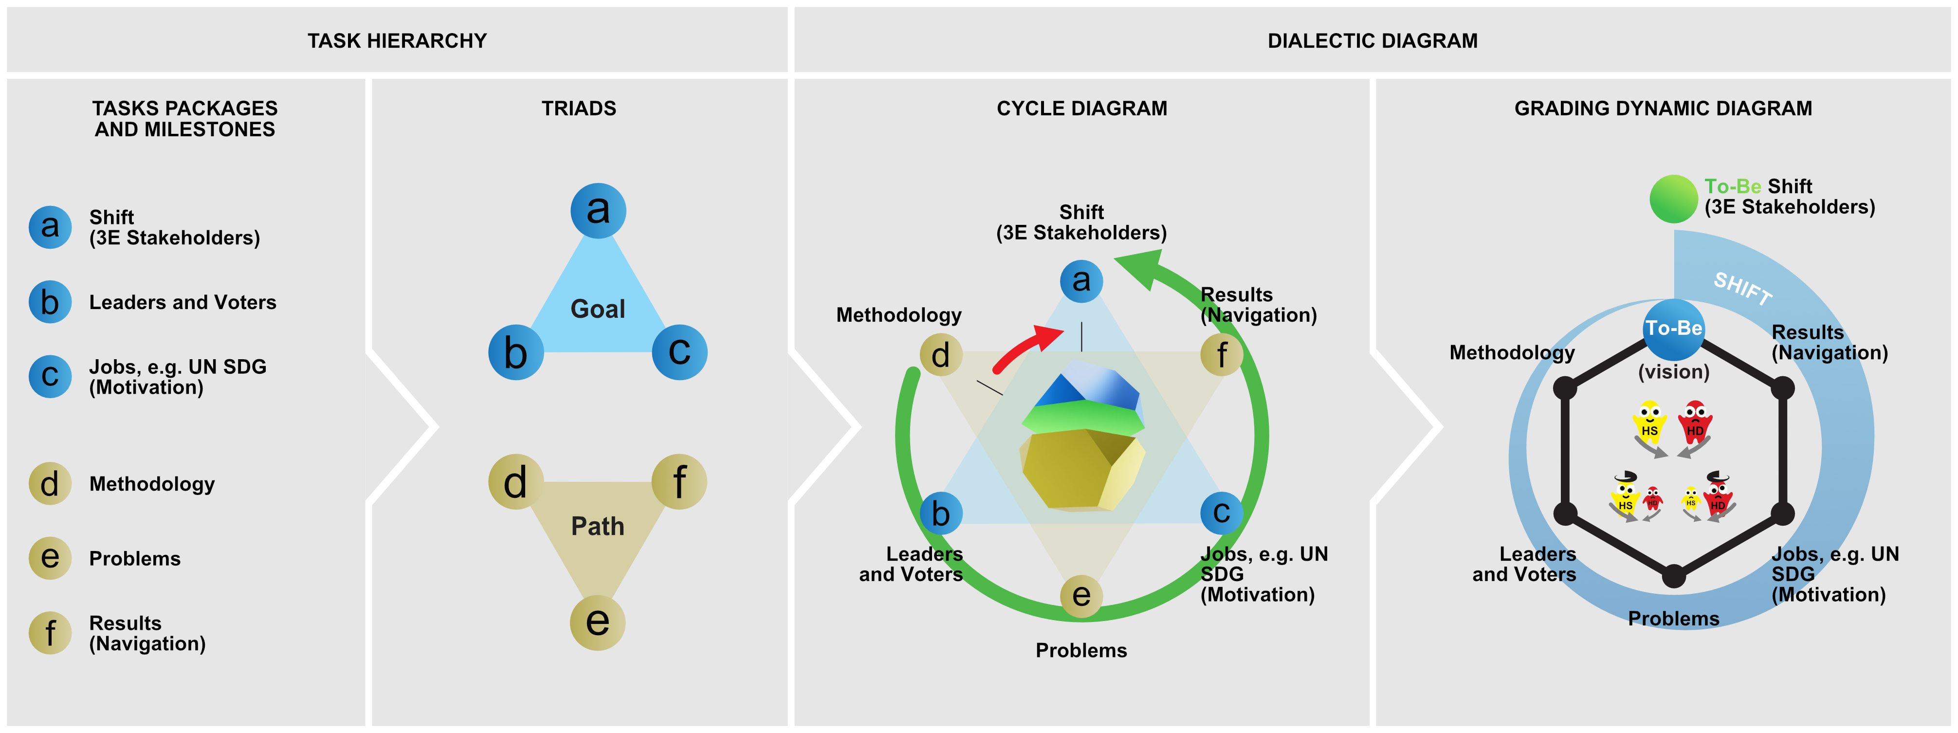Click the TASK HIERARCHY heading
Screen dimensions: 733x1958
coord(397,41)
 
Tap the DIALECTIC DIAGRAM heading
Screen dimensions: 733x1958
coord(1372,41)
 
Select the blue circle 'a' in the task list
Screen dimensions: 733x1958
coord(50,227)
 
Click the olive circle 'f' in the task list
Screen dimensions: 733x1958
coord(50,633)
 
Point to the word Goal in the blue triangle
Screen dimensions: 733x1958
coord(598,309)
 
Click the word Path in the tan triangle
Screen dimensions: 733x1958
coord(598,526)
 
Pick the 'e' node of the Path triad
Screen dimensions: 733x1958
coord(598,622)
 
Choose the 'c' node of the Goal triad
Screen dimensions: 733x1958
coord(679,352)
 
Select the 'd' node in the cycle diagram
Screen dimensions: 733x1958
coord(941,354)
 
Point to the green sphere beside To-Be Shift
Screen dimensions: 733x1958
coord(1673,199)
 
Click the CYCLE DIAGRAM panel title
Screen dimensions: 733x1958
coord(1081,109)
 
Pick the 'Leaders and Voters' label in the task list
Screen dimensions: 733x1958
coord(183,303)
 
